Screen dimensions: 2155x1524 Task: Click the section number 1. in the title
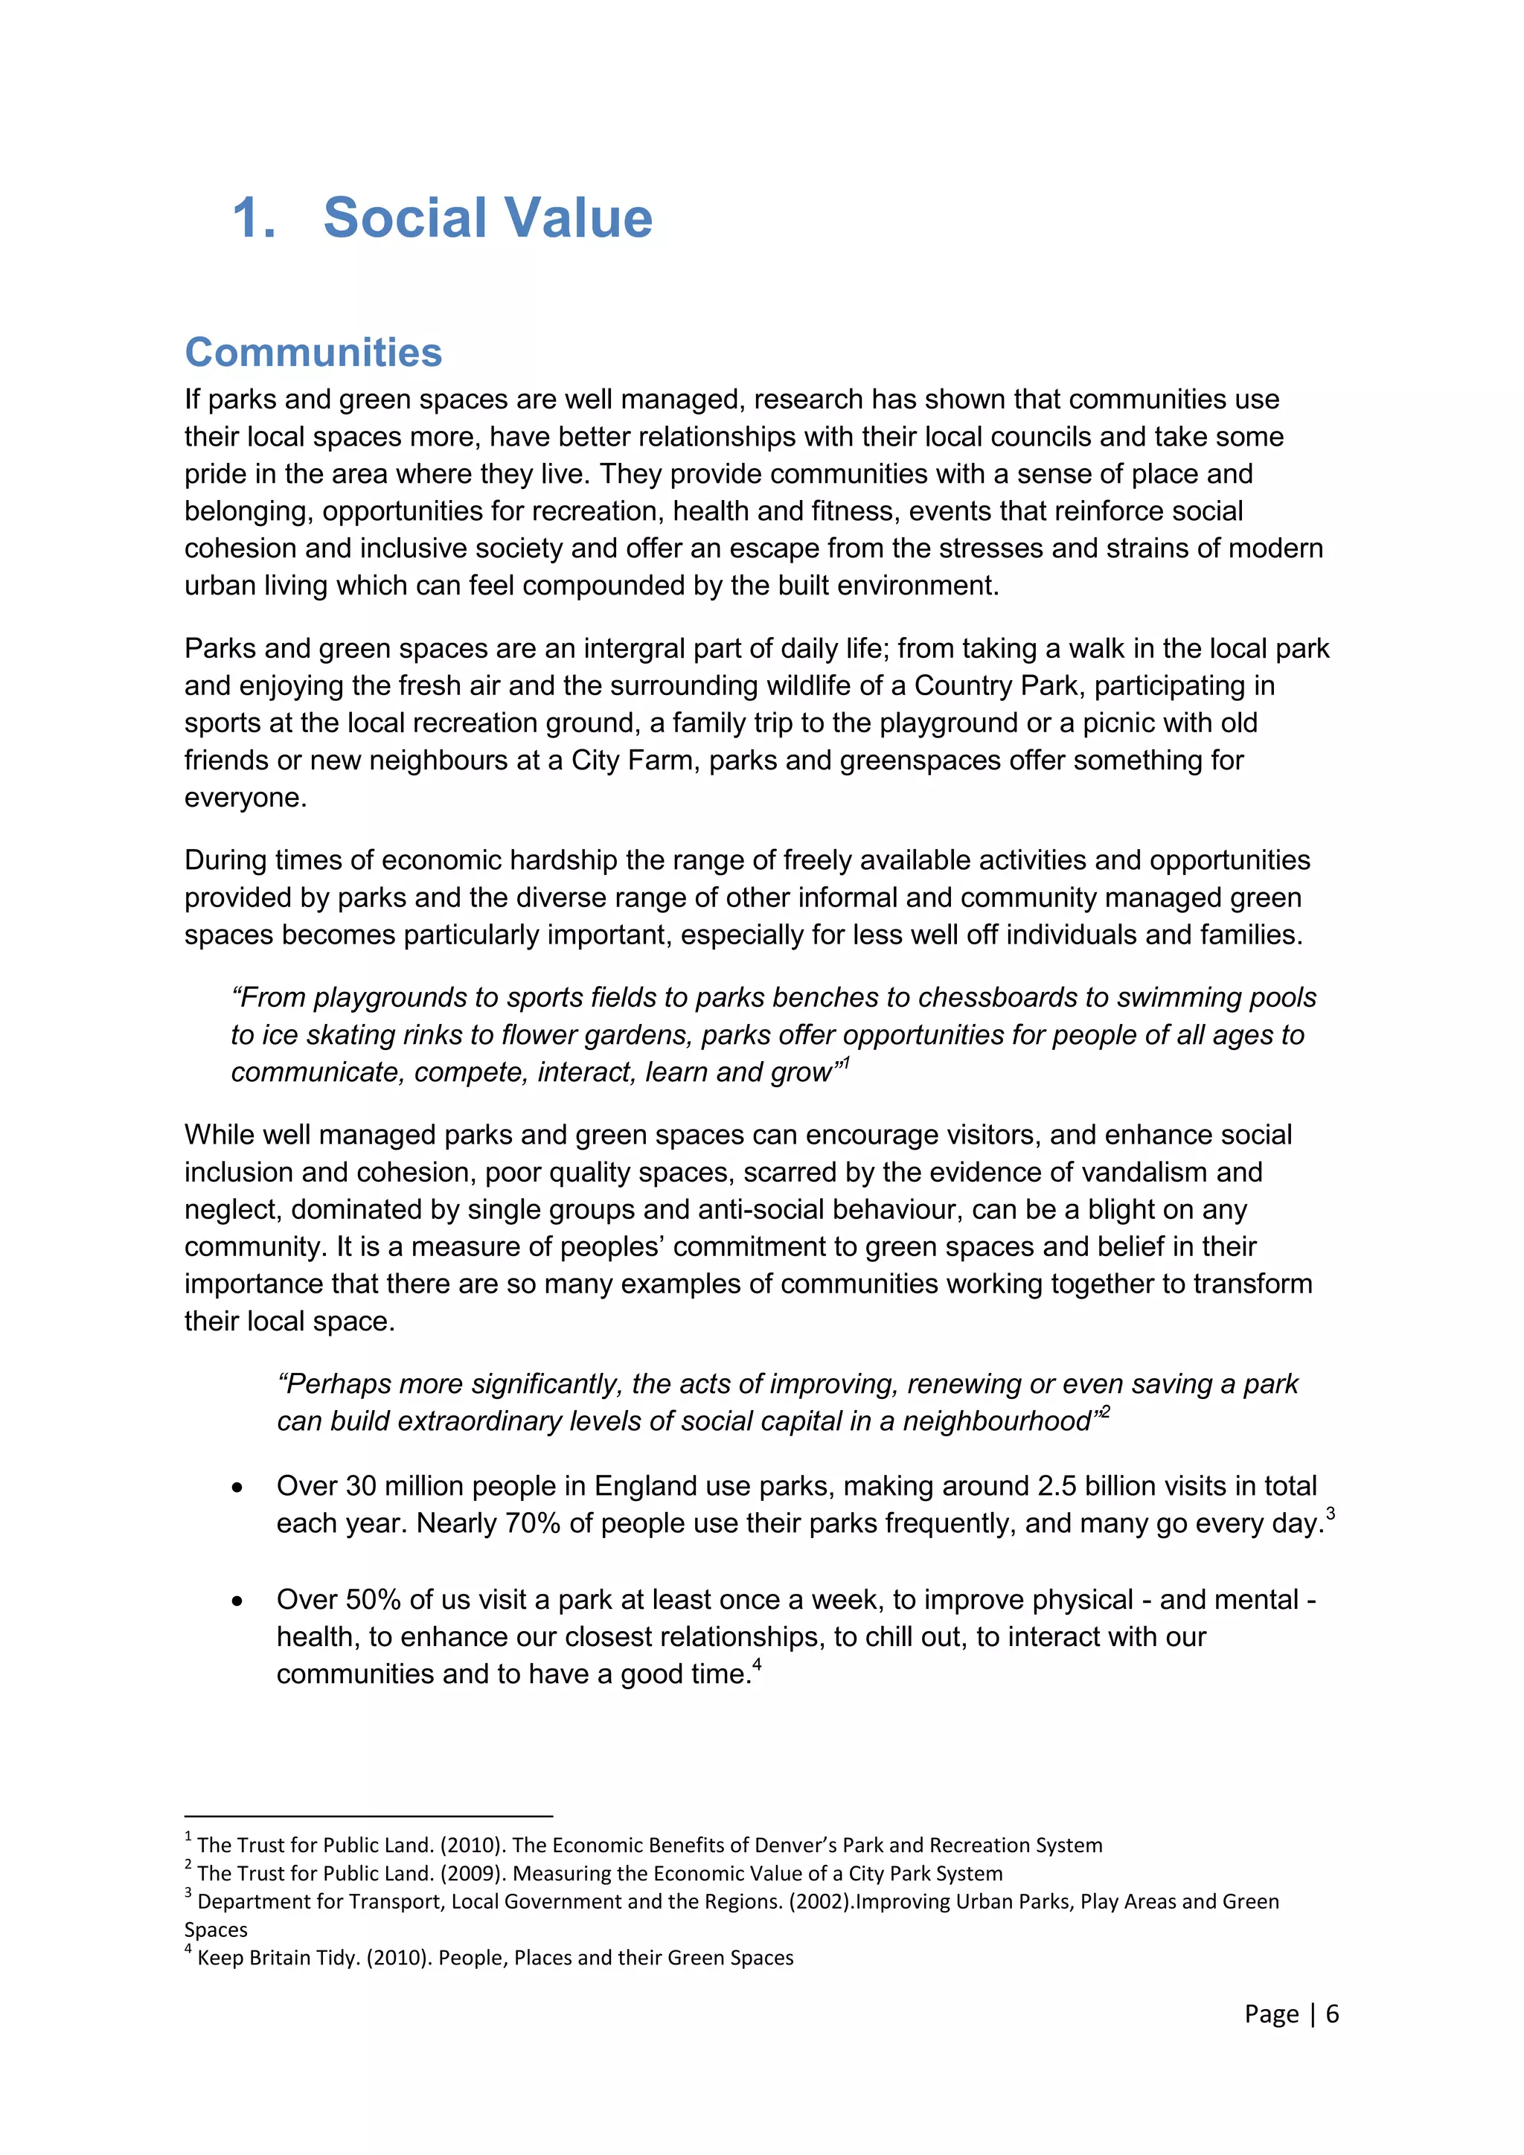click(x=253, y=219)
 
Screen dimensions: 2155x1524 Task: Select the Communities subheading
click(x=313, y=353)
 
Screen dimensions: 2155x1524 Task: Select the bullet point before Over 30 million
click(x=237, y=1488)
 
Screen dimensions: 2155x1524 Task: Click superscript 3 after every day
click(x=1330, y=1513)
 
